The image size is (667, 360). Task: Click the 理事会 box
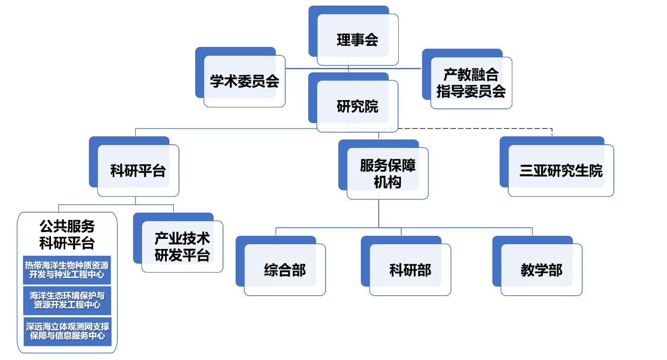point(357,40)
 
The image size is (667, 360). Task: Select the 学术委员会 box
point(245,82)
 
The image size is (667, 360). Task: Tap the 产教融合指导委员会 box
point(471,83)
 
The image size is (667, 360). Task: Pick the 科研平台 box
point(138,171)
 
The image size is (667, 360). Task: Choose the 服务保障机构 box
point(388,173)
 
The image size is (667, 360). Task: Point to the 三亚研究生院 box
point(561,171)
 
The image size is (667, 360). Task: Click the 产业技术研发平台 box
point(182,247)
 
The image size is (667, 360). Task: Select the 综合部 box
point(285,270)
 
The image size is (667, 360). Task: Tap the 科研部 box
point(410,270)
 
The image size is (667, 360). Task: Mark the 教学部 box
point(541,270)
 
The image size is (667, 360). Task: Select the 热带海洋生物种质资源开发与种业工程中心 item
point(67,270)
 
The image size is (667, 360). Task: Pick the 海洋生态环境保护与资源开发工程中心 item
point(67,300)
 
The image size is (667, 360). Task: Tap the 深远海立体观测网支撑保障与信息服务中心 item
point(67,331)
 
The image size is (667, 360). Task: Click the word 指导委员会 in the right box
point(471,91)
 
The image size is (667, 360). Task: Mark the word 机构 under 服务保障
point(388,182)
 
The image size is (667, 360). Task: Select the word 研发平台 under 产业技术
point(182,256)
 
